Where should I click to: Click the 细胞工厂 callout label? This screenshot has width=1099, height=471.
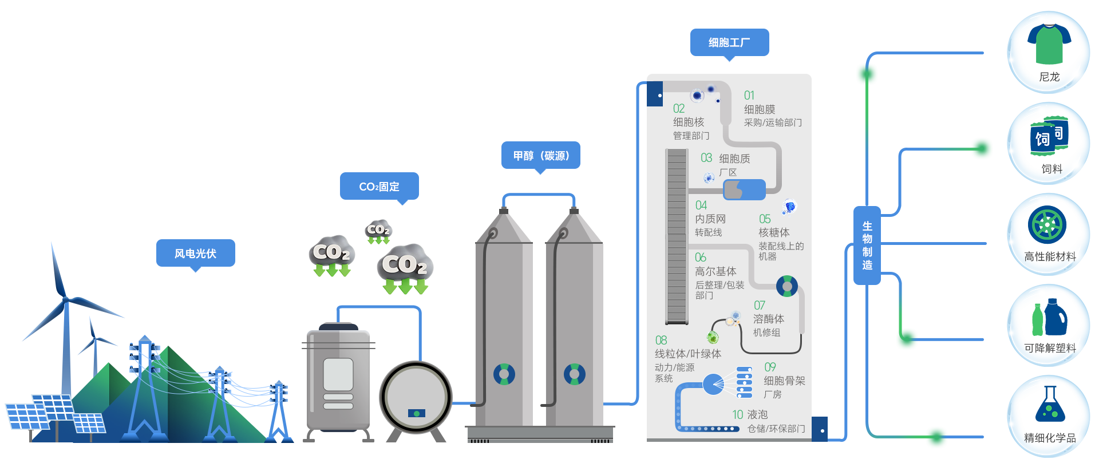click(729, 42)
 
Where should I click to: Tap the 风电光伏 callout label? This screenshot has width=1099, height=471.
click(195, 254)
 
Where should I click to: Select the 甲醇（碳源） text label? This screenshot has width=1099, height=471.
click(541, 156)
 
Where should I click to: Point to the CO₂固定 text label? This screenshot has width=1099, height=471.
click(379, 187)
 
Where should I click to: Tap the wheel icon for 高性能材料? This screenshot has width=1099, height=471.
click(1047, 225)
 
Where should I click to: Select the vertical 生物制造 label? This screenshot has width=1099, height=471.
click(867, 246)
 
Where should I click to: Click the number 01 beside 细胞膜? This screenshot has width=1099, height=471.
click(749, 96)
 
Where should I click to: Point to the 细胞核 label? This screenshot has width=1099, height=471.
click(689, 122)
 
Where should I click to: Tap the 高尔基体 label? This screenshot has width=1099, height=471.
click(715, 271)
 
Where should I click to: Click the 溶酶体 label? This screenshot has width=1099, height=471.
click(768, 319)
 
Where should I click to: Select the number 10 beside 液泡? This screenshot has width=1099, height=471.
click(737, 414)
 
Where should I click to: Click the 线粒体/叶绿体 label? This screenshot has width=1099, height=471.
click(687, 354)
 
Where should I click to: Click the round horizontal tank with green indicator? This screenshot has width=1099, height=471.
click(416, 397)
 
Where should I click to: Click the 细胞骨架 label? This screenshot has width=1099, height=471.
click(784, 381)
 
